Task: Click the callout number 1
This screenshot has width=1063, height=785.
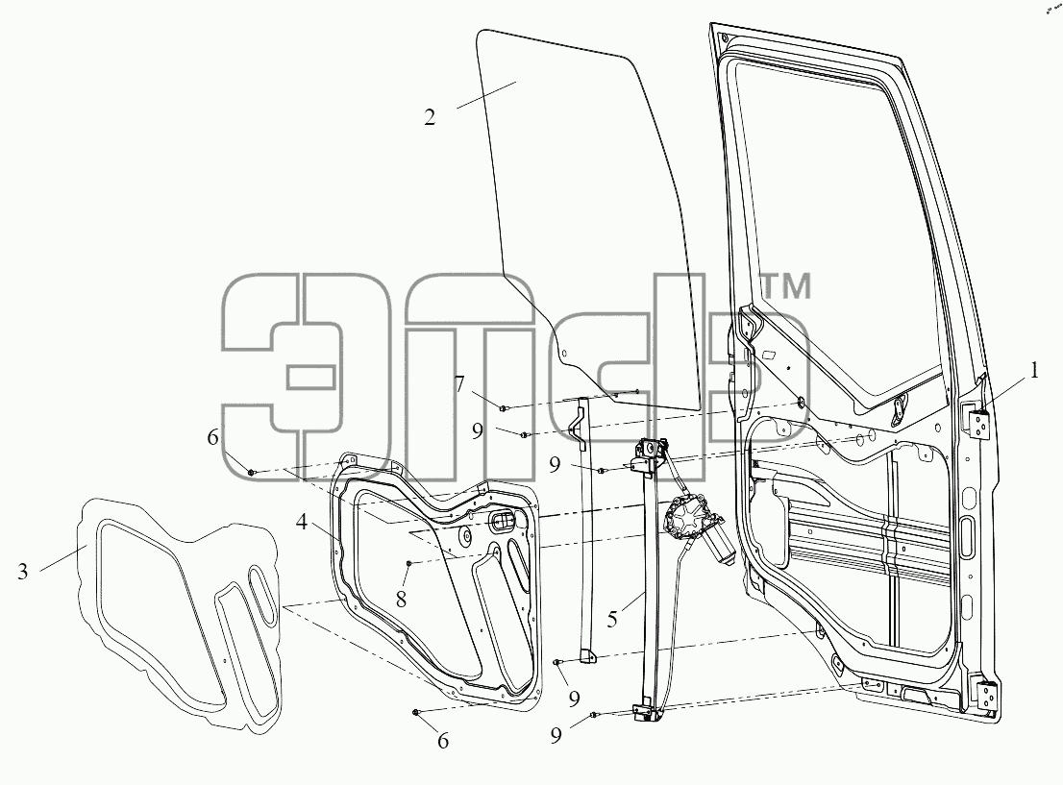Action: pos(1033,371)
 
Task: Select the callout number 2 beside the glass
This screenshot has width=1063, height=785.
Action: pos(430,117)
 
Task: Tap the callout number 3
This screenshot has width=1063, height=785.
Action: pos(23,572)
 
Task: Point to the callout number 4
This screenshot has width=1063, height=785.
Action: pos(302,522)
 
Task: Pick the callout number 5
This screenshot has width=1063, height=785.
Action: pos(612,619)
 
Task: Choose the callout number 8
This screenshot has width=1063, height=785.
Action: pos(402,600)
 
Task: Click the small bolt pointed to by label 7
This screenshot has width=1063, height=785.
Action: pos(503,408)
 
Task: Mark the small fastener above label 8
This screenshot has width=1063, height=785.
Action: pos(409,563)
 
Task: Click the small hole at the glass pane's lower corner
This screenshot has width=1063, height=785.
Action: pos(562,353)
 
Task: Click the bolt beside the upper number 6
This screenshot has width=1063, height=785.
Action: pos(252,472)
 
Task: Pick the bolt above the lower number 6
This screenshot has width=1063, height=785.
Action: pos(415,712)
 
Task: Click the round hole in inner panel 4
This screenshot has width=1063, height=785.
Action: pos(465,537)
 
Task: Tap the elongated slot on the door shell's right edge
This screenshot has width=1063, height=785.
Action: pos(968,529)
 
